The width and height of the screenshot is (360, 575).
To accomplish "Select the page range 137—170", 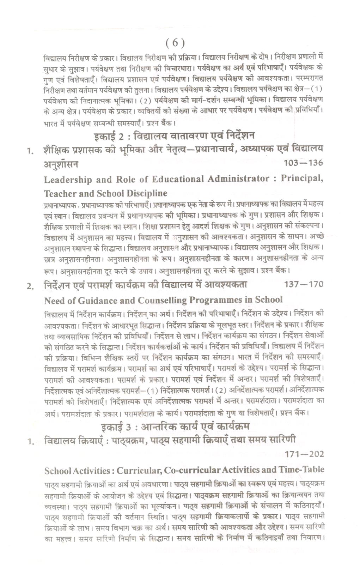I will point(303,284).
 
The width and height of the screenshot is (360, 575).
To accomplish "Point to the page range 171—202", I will point(304,454).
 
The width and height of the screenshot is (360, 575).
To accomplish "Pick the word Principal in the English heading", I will point(302,178).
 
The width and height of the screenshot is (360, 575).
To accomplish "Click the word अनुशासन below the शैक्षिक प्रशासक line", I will point(61,164).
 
